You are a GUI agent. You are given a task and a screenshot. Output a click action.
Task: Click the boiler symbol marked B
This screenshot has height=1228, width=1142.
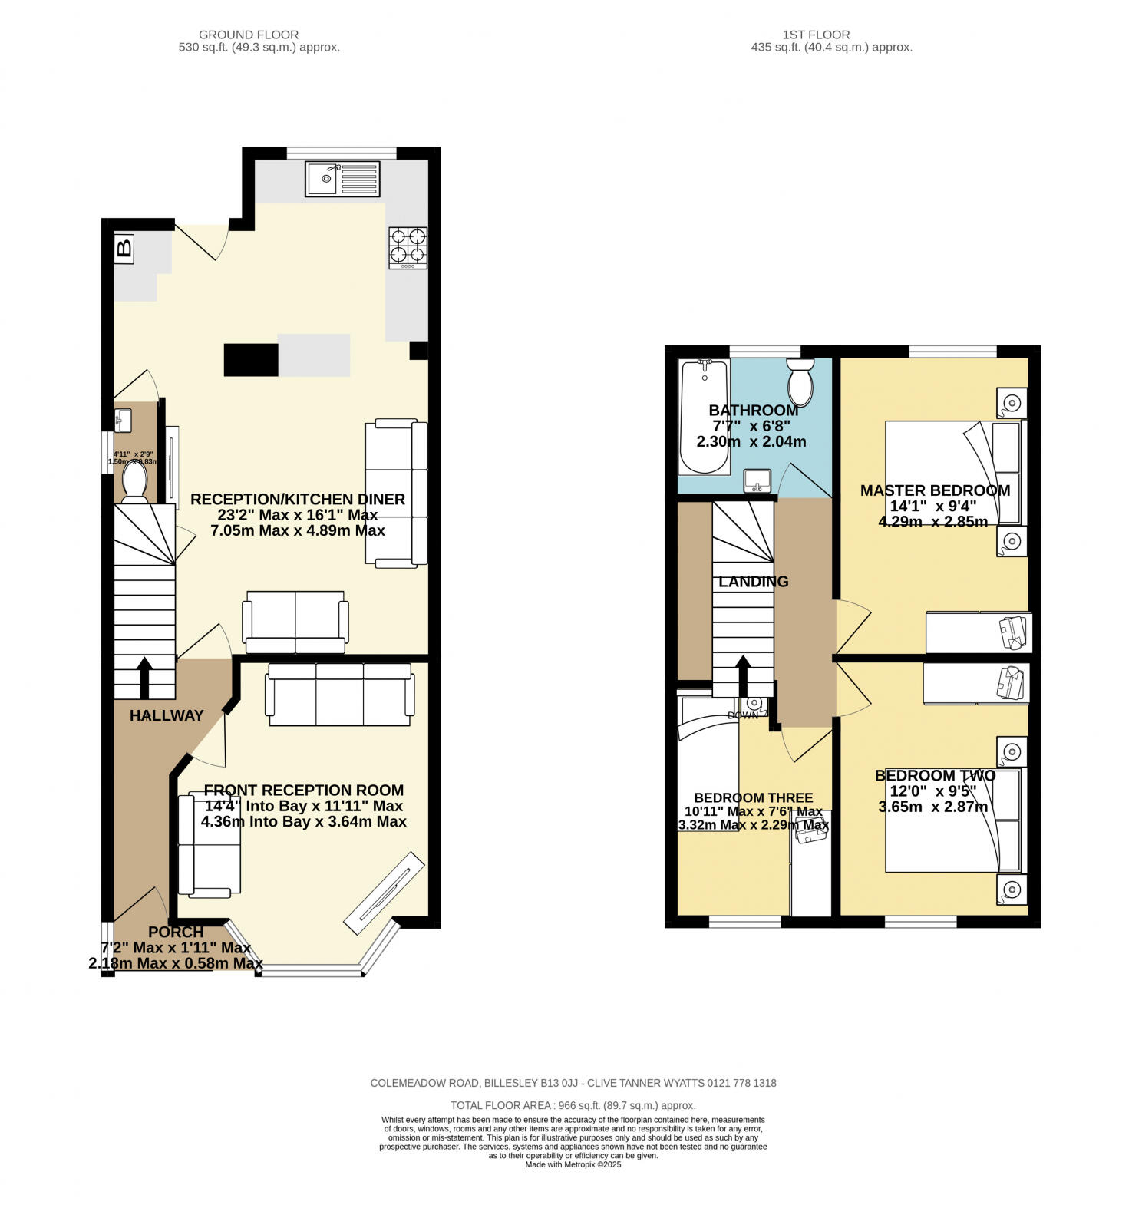pyautogui.click(x=124, y=249)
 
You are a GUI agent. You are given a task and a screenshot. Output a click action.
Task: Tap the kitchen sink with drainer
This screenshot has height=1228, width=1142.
pyautogui.click(x=342, y=179)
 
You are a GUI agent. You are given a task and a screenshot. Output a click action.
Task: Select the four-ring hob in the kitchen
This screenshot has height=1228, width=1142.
pyautogui.click(x=408, y=247)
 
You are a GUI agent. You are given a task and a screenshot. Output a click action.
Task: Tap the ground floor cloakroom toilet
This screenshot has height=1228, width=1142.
pyautogui.click(x=134, y=482)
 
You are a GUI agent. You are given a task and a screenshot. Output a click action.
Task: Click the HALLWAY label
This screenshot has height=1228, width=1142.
pyautogui.click(x=167, y=715)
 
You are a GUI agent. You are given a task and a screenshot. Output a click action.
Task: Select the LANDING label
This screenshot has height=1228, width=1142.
pyautogui.click(x=753, y=582)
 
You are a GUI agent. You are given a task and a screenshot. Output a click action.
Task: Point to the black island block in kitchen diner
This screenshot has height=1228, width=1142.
pyautogui.click(x=251, y=360)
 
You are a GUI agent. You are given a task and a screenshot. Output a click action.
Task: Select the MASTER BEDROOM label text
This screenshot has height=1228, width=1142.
pyautogui.click(x=935, y=490)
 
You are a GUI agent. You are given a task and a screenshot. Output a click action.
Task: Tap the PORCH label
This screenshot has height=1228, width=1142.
pyautogui.click(x=176, y=932)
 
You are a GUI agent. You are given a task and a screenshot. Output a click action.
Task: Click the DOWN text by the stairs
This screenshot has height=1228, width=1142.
pyautogui.click(x=742, y=715)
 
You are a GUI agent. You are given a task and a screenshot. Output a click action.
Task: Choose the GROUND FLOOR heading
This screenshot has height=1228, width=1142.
pyautogui.click(x=249, y=35)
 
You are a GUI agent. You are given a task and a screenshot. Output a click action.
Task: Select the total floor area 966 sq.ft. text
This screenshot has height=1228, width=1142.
pyautogui.click(x=573, y=1105)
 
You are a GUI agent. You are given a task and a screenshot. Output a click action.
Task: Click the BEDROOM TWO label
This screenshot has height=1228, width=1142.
pyautogui.click(x=935, y=776)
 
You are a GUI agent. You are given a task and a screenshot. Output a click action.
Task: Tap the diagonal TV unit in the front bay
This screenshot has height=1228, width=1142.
pyautogui.click(x=384, y=893)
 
